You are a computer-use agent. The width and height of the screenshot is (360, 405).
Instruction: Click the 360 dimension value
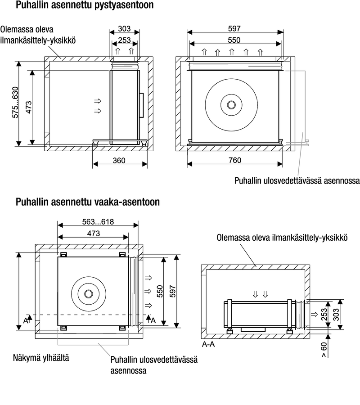click(x=119, y=161)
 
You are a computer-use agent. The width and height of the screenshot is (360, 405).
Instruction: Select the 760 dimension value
click(x=234, y=161)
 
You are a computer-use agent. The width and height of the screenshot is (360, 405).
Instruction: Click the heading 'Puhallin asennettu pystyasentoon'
click(x=84, y=6)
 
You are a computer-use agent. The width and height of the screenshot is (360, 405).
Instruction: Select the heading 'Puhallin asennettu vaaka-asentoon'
click(x=87, y=202)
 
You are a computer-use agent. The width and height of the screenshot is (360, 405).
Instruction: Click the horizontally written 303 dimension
click(x=125, y=29)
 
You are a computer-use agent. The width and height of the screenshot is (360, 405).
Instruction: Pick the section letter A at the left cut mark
click(x=26, y=320)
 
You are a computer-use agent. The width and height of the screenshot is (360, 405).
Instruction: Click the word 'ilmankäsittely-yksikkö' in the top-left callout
click(x=37, y=40)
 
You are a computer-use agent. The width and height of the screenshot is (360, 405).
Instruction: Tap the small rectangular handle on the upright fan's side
click(x=141, y=105)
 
